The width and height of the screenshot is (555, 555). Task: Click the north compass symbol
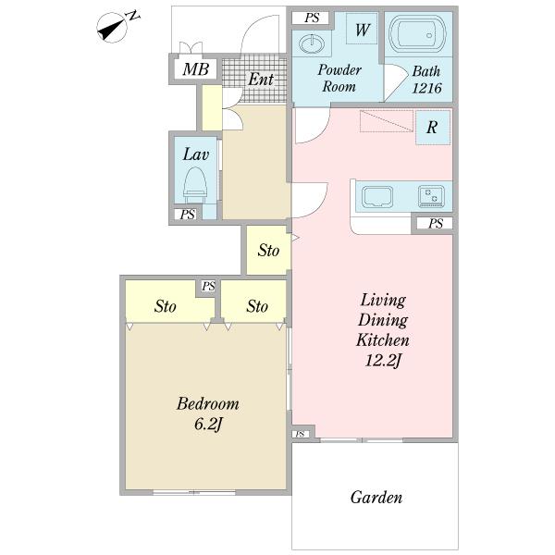click(x=113, y=28)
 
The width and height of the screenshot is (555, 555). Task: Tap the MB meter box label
click(x=195, y=68)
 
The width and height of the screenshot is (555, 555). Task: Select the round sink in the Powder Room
click(x=312, y=44)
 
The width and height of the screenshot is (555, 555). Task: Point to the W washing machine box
click(x=362, y=29)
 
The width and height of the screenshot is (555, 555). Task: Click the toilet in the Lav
click(x=195, y=185)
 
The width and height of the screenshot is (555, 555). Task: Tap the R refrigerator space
click(x=433, y=128)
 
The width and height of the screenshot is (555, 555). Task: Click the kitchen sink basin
click(x=377, y=196)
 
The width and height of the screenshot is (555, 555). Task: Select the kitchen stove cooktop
click(x=431, y=196)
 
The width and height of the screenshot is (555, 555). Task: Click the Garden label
click(x=376, y=498)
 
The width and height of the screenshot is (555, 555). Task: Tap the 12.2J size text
click(x=383, y=361)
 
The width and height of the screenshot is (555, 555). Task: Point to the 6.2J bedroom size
click(x=208, y=424)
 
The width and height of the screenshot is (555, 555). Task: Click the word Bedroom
click(x=208, y=404)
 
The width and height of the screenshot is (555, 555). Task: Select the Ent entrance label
click(x=261, y=80)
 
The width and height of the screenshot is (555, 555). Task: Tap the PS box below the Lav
click(x=187, y=215)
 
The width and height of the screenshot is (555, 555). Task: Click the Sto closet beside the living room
click(x=268, y=250)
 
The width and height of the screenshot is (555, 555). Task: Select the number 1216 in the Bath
click(x=426, y=88)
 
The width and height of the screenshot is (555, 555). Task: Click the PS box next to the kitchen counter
click(x=435, y=223)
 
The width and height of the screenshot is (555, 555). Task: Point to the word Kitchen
click(x=383, y=340)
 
